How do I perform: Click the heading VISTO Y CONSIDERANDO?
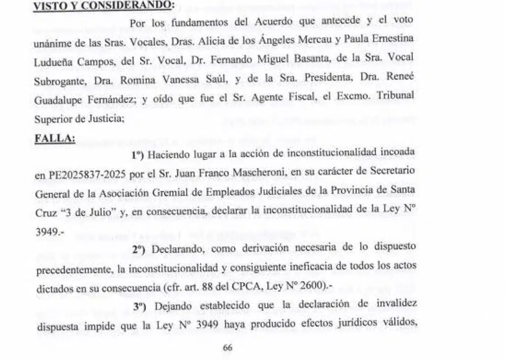coord(103,5)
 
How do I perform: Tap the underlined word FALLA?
coord(55,139)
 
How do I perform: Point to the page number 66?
coord(227,347)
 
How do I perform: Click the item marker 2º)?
coord(140,249)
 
